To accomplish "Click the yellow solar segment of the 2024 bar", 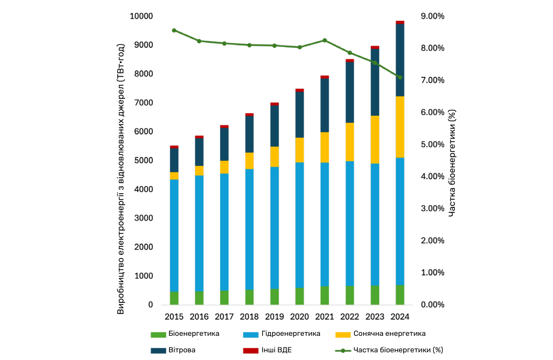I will pos(400,127).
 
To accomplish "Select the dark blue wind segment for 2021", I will pos(325,105).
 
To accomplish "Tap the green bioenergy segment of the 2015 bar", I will pos(174,298).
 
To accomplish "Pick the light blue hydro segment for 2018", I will pos(249,229).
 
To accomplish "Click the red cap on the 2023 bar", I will pos(375,48).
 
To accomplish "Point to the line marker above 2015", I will pos(174,30).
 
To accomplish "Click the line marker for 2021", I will pos(325,40).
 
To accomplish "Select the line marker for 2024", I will pos(400,77).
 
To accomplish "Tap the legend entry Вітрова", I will pos(182,350).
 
